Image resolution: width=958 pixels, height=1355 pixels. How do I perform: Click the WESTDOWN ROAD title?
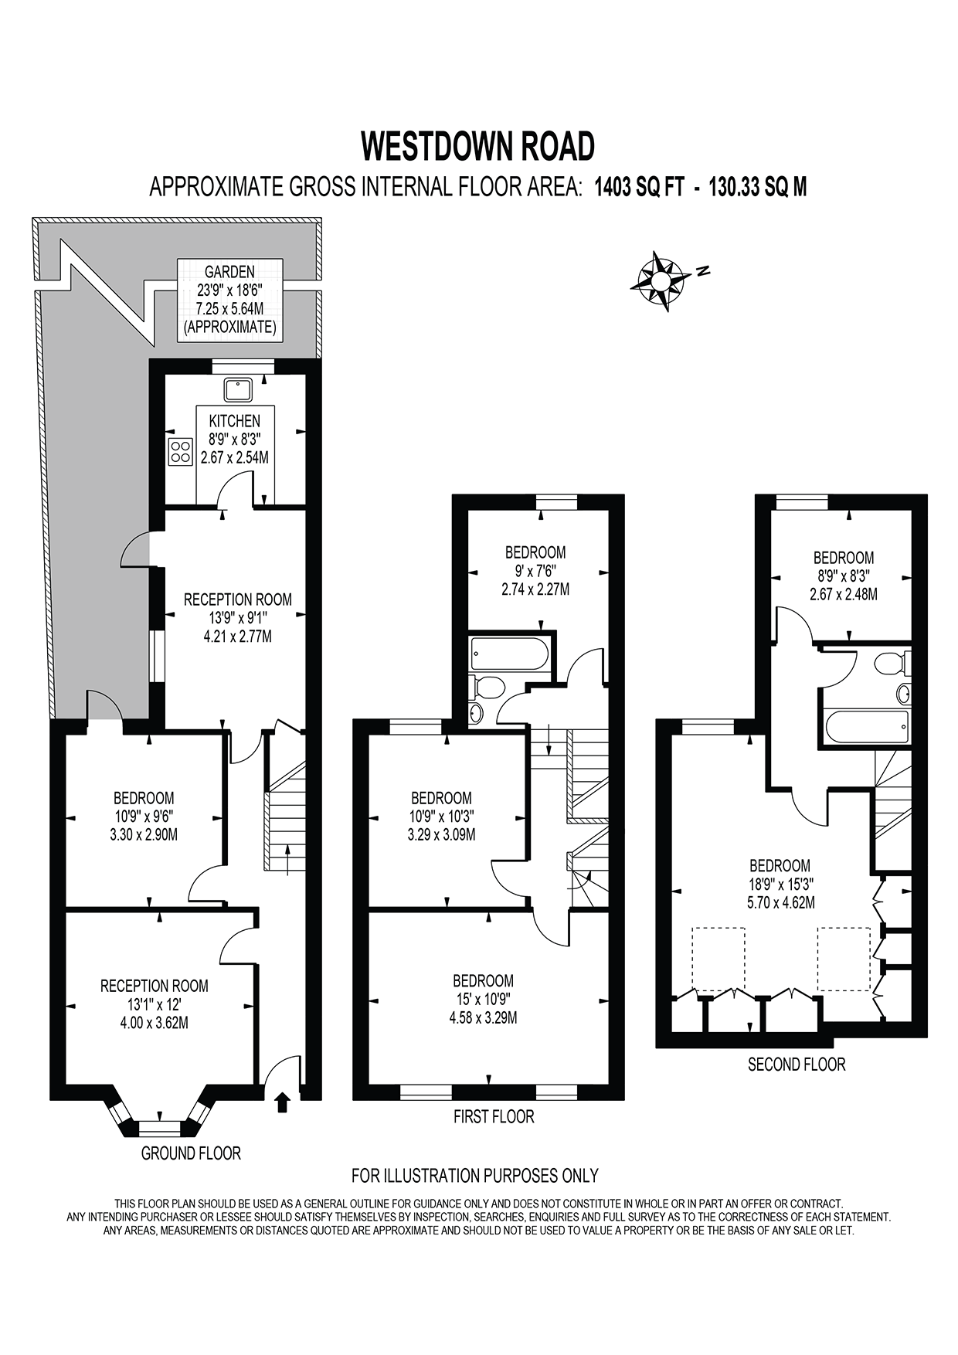pyautogui.click(x=478, y=146)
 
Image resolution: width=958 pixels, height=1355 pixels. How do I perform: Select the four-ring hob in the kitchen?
pyautogui.click(x=180, y=451)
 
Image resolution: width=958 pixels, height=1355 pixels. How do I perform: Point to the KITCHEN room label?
pyautogui.click(x=235, y=421)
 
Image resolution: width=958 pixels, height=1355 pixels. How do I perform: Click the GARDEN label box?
pyautogui.click(x=229, y=300)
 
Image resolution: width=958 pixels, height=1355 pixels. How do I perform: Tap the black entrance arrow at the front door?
pyautogui.click(x=282, y=1102)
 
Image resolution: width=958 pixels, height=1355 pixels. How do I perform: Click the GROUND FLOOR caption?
pyautogui.click(x=191, y=1153)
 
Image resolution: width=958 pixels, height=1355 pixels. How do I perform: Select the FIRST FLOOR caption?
pyautogui.click(x=494, y=1116)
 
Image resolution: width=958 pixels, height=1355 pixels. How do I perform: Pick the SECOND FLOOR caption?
pyautogui.click(x=797, y=1065)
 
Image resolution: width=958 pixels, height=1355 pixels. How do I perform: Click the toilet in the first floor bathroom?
pyautogui.click(x=488, y=685)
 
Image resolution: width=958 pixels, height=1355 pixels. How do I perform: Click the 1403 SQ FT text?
pyautogui.click(x=639, y=187)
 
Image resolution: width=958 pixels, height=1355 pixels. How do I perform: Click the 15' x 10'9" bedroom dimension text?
pyautogui.click(x=483, y=999)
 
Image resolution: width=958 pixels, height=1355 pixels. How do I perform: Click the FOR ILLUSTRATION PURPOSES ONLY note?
pyautogui.click(x=475, y=1176)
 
